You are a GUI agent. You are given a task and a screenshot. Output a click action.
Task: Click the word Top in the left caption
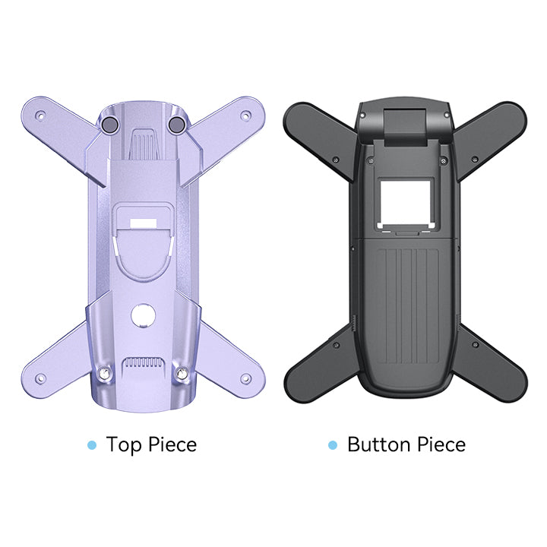click(124, 444)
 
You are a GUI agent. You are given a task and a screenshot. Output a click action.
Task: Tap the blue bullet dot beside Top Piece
click(92, 444)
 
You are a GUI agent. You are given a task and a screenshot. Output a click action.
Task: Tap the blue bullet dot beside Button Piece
click(333, 444)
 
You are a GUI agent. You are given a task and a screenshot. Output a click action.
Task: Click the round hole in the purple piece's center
click(143, 315)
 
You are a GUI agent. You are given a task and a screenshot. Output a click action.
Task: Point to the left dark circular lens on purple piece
click(109, 125)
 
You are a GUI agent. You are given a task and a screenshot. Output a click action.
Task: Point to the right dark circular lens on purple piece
click(176, 125)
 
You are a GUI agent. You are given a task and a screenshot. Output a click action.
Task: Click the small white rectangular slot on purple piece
click(144, 223)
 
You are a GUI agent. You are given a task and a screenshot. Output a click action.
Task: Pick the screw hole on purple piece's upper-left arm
click(41, 115)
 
